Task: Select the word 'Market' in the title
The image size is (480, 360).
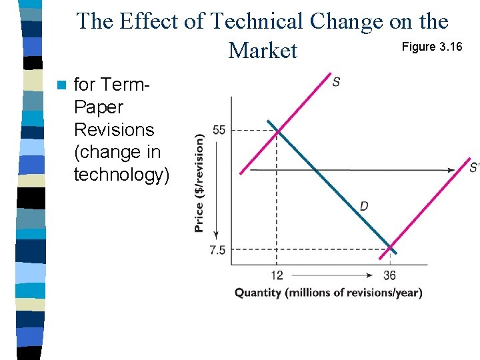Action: [x=263, y=50]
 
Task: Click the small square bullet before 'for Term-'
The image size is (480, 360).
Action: [x=62, y=85]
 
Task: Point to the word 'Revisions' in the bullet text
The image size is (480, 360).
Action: [x=114, y=129]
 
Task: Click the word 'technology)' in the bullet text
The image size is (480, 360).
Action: [x=121, y=175]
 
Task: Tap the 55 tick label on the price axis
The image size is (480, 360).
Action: [x=219, y=129]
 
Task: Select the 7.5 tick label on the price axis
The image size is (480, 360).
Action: [x=217, y=250]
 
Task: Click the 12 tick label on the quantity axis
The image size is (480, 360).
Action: [x=277, y=275]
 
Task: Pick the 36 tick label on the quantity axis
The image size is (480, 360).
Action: [x=390, y=275]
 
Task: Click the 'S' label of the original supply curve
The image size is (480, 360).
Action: [x=337, y=82]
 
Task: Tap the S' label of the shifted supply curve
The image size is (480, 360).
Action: [x=474, y=167]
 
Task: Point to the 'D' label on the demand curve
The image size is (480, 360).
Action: [x=364, y=206]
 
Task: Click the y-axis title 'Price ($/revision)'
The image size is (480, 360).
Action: [x=199, y=183]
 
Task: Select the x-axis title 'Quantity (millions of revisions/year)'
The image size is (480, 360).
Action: [x=328, y=293]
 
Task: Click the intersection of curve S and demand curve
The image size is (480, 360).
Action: [x=277, y=131]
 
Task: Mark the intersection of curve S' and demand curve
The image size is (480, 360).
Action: [x=390, y=249]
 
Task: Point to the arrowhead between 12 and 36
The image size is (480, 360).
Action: [x=370, y=275]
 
